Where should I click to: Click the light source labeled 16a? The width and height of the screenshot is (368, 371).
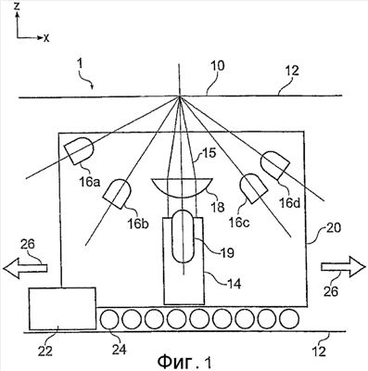point(79,150)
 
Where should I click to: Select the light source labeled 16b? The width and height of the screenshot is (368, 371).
point(118,193)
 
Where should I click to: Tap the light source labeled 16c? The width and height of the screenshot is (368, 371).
point(253,188)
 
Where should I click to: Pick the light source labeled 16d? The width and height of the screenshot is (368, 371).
point(275,165)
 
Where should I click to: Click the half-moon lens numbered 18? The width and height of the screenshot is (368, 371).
point(182,187)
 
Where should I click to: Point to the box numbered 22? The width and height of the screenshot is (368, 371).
point(62,308)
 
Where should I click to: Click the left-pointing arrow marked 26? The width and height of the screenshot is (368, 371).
point(25,267)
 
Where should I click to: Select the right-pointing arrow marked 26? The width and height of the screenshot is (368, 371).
point(343,267)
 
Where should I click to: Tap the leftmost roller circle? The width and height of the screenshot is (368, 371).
point(109,319)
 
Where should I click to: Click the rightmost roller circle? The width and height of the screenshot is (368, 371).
point(289,318)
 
